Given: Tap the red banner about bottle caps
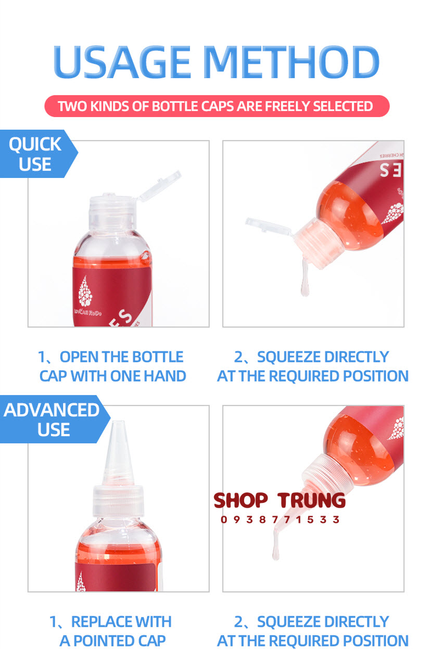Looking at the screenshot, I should [x=217, y=106].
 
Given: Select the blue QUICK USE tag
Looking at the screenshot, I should [x=35, y=154].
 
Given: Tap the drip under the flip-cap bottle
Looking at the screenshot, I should [x=305, y=284].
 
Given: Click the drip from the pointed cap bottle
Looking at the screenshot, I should [x=276, y=549].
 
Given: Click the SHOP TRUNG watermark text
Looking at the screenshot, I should [x=280, y=500].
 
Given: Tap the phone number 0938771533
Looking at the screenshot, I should [x=280, y=519].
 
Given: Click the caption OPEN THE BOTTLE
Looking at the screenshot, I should [x=111, y=357].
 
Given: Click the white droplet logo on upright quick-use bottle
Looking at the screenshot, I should [x=85, y=292].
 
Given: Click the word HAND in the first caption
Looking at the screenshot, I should [x=165, y=376].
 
